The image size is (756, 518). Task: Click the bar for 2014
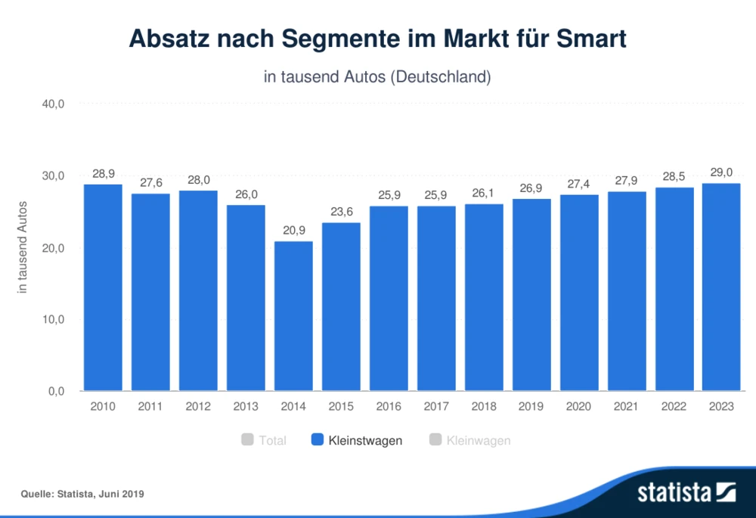point(293,316)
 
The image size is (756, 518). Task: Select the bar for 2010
point(103,287)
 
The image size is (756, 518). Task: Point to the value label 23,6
point(341,212)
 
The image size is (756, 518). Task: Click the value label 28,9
point(103,173)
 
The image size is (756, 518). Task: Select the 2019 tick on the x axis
point(531,407)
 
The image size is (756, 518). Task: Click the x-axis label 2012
point(198,407)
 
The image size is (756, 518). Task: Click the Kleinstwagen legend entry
point(365,440)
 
